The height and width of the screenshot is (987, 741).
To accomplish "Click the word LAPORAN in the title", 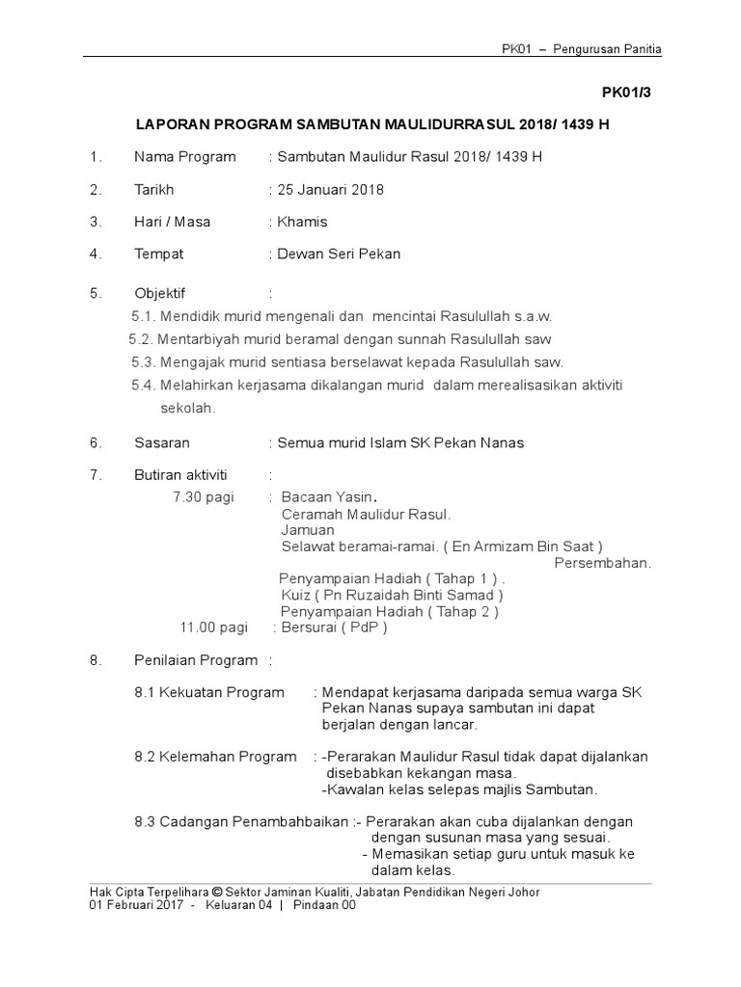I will coord(170,125).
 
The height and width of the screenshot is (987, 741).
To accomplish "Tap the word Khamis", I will coord(302,222).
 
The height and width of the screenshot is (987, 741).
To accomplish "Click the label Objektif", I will coord(159,293).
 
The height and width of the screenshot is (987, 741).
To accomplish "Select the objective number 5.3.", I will coord(143,362).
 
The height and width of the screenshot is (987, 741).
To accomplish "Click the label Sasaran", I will coord(162,443).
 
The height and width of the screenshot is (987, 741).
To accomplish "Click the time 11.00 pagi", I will coord(214,627).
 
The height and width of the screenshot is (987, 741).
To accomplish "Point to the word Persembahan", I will coord(602,563).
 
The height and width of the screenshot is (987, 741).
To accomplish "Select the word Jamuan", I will coord(308,530).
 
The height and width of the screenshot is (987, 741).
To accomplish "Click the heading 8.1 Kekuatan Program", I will coord(209,692).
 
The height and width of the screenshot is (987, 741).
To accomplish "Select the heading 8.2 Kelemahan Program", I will coord(215,757).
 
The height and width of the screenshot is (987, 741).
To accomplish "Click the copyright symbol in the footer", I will coord(217,893).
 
